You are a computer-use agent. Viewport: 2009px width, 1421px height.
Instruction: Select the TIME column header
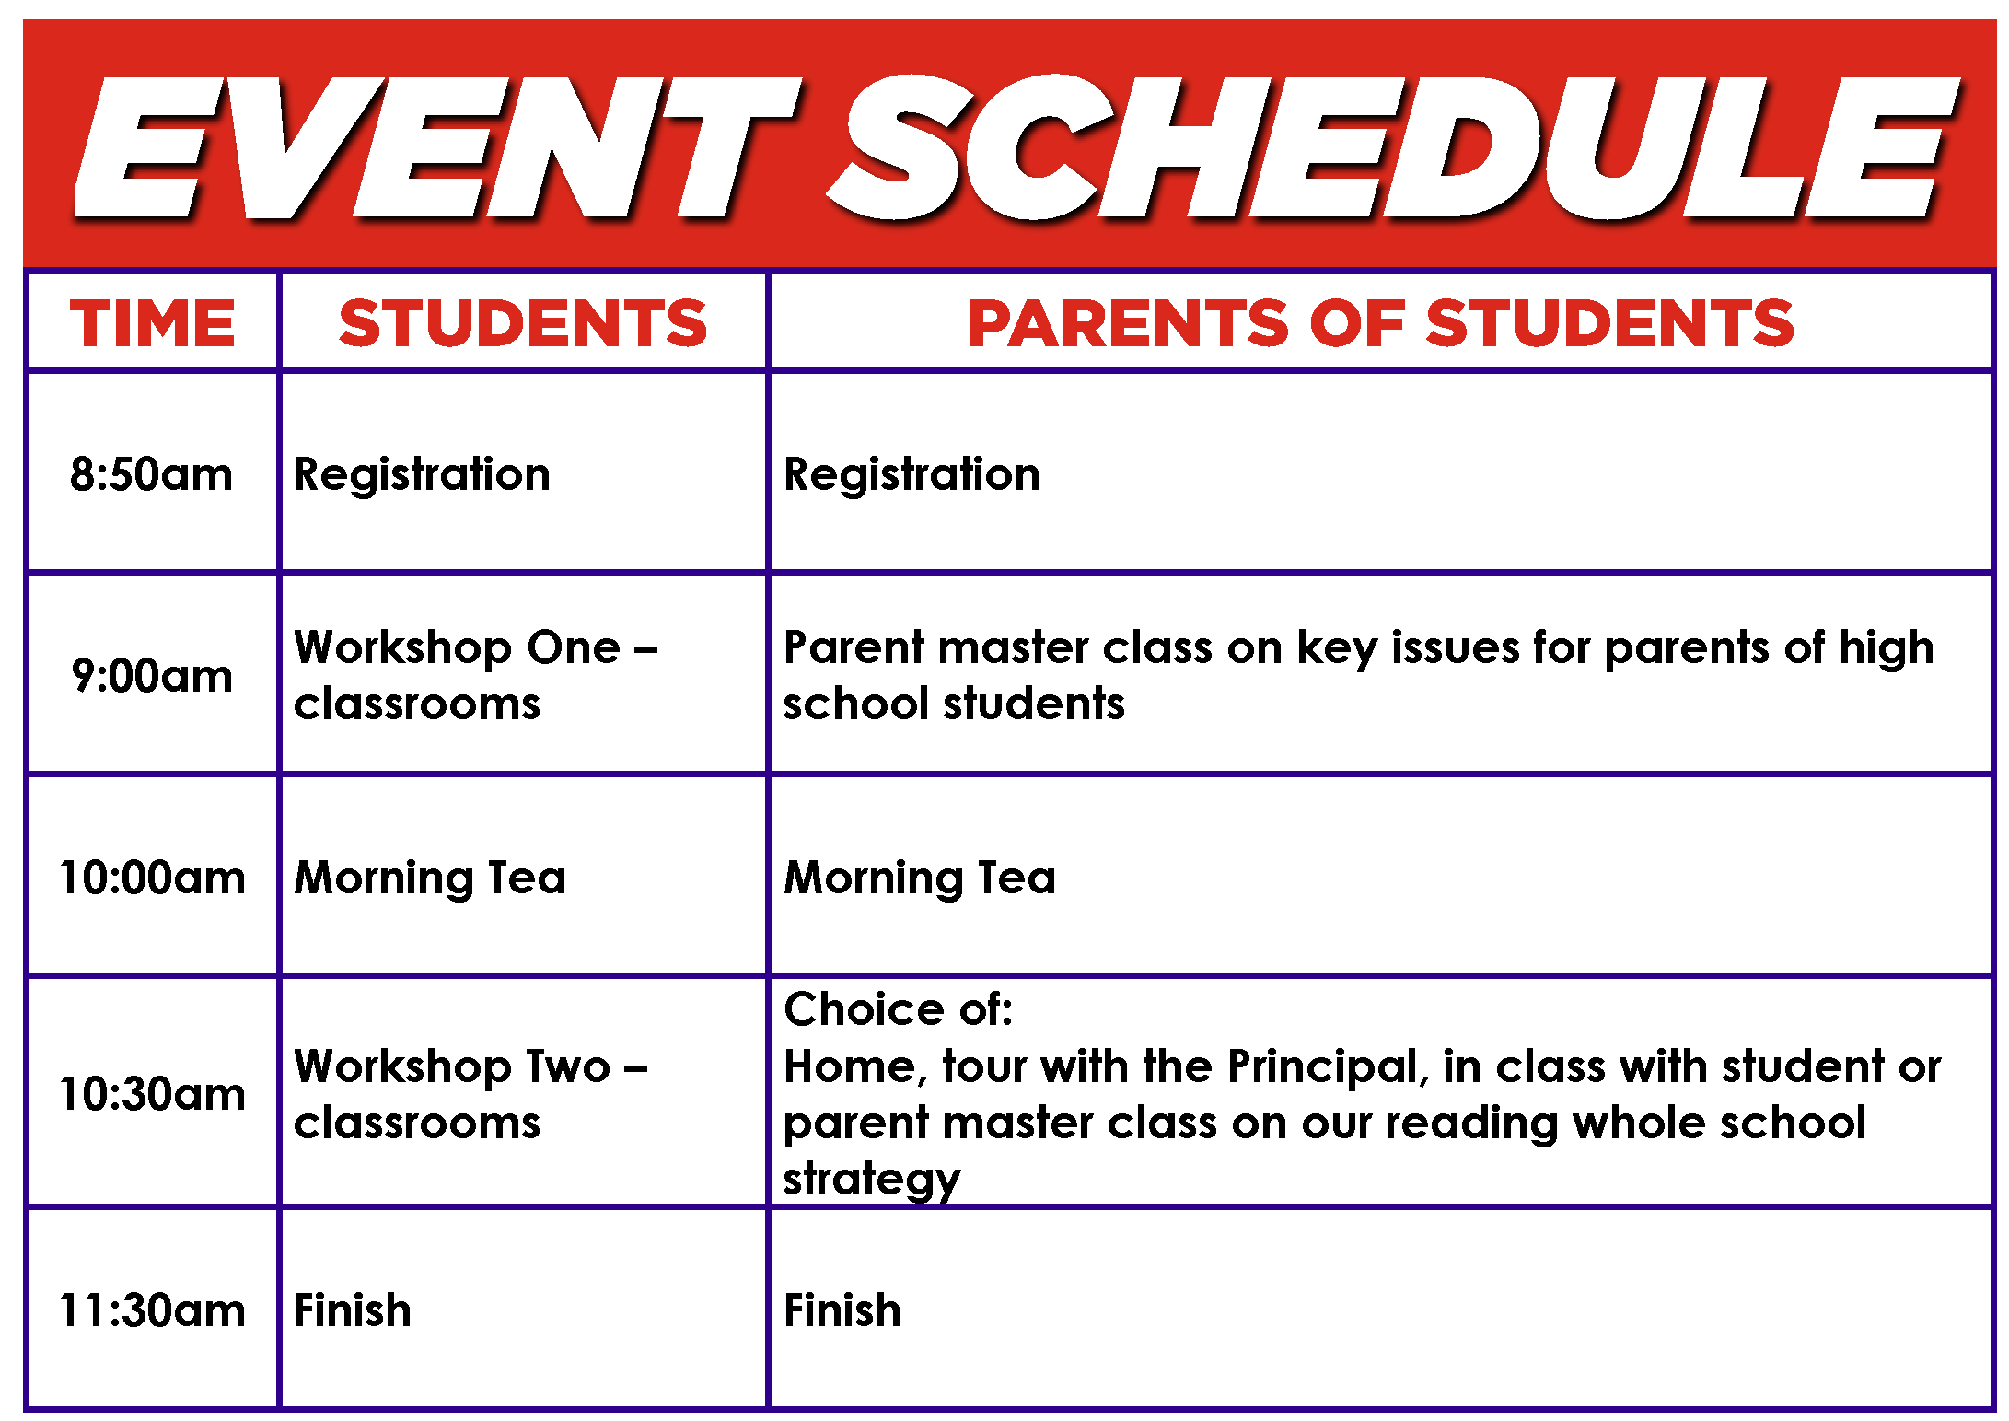point(153,323)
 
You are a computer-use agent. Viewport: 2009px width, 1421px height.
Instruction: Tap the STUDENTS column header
point(523,323)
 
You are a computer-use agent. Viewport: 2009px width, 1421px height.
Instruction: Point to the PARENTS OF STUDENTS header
point(1381,323)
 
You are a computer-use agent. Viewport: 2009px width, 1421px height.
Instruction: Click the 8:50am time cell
point(151,474)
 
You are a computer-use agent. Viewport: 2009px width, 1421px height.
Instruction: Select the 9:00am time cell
point(152,676)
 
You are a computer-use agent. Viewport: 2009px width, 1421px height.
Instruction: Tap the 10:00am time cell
point(152,877)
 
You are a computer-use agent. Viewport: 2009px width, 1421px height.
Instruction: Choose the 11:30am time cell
point(152,1310)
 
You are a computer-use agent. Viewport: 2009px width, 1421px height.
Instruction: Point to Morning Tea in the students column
point(430,878)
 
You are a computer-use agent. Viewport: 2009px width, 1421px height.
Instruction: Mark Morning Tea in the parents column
point(920,878)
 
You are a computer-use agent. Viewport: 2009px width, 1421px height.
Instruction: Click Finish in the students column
point(353,1310)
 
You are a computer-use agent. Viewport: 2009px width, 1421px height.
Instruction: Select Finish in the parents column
point(842,1310)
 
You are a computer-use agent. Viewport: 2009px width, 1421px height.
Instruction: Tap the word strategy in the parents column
point(872,1180)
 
